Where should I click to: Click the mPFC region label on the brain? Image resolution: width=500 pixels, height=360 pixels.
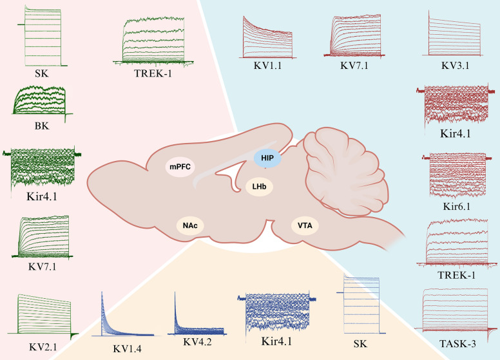pyautogui.click(x=180, y=166)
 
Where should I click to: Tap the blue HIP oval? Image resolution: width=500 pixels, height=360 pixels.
pyautogui.click(x=267, y=158)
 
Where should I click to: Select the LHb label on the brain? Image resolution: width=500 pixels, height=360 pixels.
pyautogui.click(x=259, y=186)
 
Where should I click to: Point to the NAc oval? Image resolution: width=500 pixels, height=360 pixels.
pyautogui.click(x=190, y=226)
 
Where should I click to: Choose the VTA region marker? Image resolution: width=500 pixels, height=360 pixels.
pyautogui.click(x=305, y=225)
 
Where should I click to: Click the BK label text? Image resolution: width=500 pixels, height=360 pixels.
pyautogui.click(x=42, y=126)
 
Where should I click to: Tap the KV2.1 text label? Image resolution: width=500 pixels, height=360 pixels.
pyautogui.click(x=43, y=347)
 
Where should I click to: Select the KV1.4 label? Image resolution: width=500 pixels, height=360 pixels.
pyautogui.click(x=127, y=349)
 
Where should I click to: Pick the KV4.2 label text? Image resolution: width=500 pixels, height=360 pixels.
pyautogui.click(x=197, y=342)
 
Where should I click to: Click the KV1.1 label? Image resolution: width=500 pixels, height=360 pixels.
pyautogui.click(x=268, y=66)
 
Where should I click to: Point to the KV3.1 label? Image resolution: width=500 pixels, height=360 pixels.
pyautogui.click(x=455, y=66)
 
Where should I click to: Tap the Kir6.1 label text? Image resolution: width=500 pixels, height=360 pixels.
pyautogui.click(x=457, y=207)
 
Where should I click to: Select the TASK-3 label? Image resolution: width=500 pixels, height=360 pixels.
pyautogui.click(x=457, y=344)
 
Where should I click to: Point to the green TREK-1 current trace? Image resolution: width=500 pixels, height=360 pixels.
pyautogui.click(x=154, y=41)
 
